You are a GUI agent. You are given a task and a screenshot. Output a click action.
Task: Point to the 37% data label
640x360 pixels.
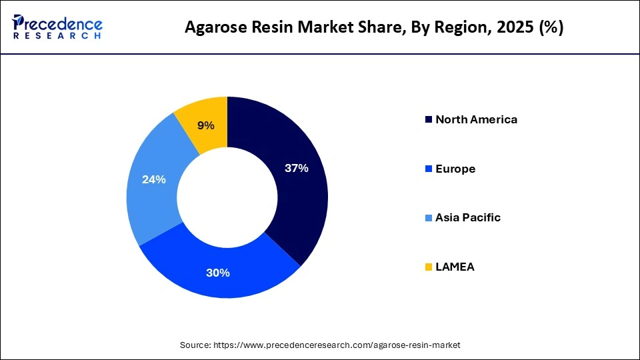[x=296, y=169]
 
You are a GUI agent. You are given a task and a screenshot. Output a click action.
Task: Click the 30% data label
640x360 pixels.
[x=218, y=273]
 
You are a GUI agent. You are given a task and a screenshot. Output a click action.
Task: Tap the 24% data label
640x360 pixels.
[x=154, y=179]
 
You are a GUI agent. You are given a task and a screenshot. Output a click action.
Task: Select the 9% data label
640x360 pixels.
[x=206, y=125]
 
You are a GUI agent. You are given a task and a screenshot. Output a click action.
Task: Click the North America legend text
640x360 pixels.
[x=476, y=120]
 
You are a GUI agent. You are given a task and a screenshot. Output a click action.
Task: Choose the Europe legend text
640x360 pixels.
[x=455, y=169]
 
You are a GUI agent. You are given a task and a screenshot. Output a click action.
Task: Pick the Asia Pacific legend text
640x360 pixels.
[x=467, y=218]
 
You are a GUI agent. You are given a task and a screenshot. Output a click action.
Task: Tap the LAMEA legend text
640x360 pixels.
[x=455, y=267]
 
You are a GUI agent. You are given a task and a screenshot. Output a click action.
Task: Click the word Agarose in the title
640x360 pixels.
[x=213, y=28]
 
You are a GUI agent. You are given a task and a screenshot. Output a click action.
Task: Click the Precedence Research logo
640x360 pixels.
[x=57, y=27]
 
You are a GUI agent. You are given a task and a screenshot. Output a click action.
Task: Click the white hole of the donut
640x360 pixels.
[x=227, y=197]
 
